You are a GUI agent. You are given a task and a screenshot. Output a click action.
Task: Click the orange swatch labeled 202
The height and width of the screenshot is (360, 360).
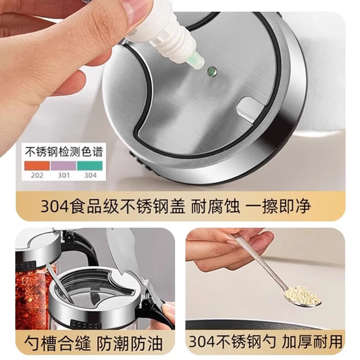pos(38,165)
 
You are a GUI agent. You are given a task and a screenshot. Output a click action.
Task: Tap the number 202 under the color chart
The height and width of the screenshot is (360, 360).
pos(37,176)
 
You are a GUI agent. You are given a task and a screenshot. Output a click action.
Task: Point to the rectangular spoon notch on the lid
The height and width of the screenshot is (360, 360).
pos(248,107)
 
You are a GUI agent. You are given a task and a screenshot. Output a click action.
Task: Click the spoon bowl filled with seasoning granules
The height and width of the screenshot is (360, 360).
pos(302,294)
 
